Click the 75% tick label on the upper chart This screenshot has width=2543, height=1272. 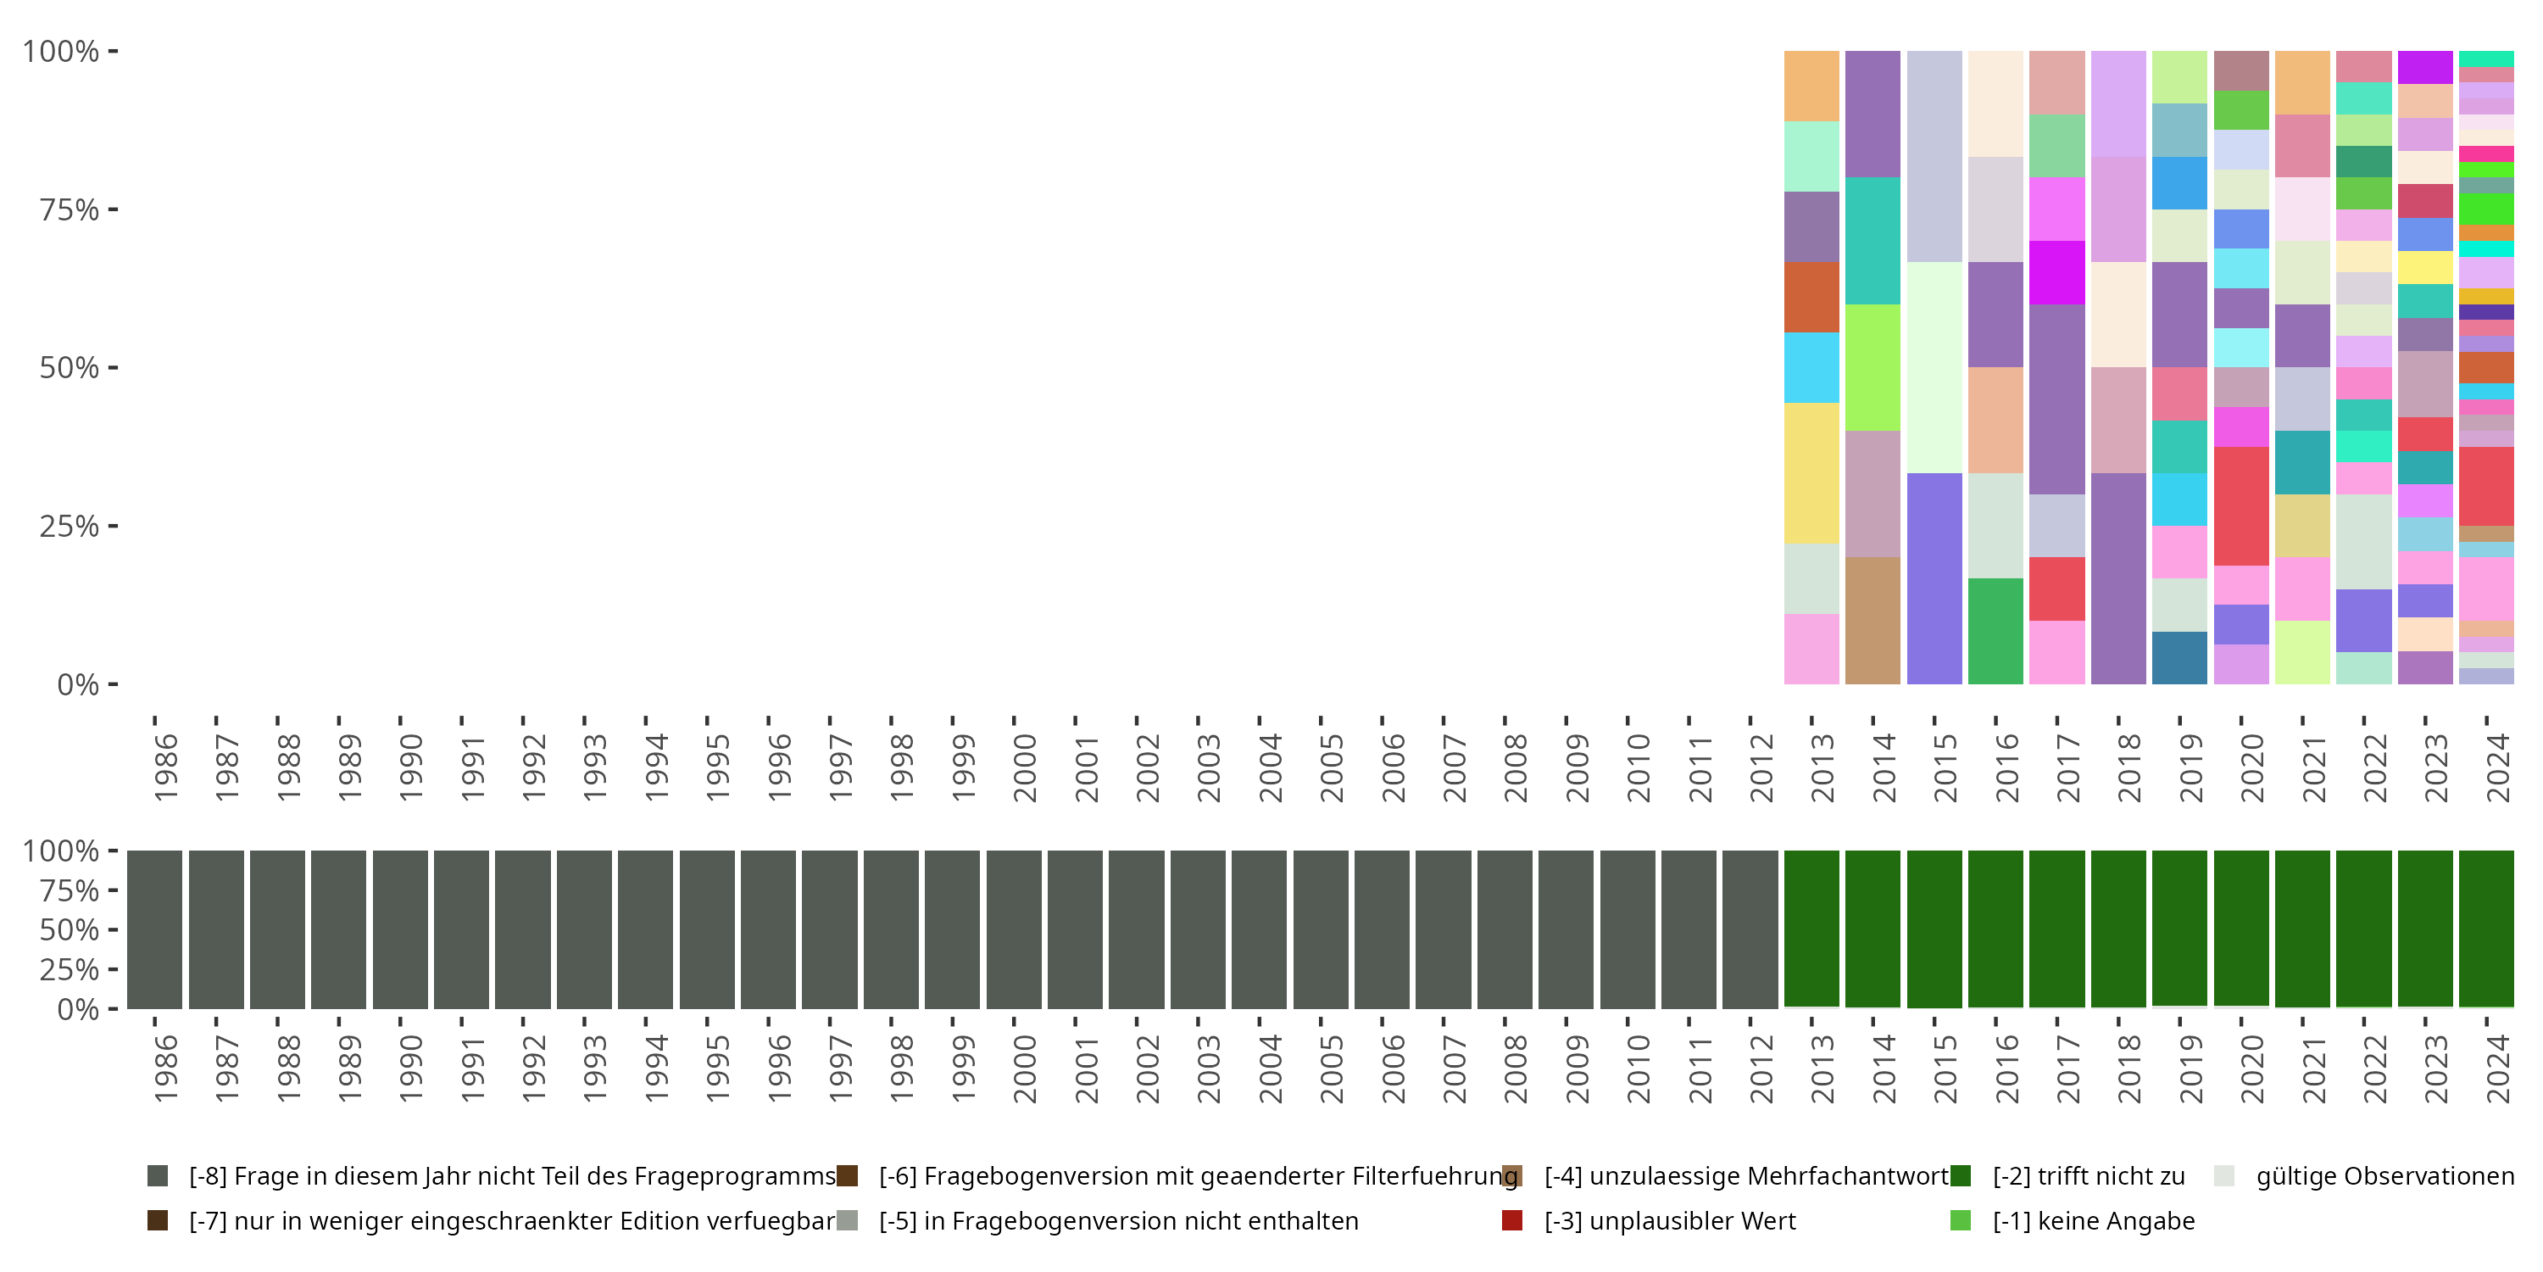70,210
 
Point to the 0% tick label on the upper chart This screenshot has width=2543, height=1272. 78,684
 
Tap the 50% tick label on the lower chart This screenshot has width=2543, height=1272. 70,930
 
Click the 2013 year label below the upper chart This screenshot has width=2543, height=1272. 1822,767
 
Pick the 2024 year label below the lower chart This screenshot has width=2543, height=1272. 2497,1068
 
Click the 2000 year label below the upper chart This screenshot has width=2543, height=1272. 1025,767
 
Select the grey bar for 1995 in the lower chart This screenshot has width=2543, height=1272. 707,929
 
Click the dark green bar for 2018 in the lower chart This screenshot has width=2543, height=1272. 2117,929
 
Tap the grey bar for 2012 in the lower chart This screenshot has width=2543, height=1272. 1750,929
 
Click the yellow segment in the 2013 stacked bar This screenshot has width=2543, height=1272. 1811,473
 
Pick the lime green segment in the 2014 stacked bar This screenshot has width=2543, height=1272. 1872,367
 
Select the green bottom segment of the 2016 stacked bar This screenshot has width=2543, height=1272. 1995,631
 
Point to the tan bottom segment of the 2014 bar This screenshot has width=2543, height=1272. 1872,620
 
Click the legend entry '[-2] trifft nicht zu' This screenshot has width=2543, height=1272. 2088,1176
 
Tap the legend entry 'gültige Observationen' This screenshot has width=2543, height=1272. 2384,1176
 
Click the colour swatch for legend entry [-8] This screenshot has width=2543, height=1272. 157,1176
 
